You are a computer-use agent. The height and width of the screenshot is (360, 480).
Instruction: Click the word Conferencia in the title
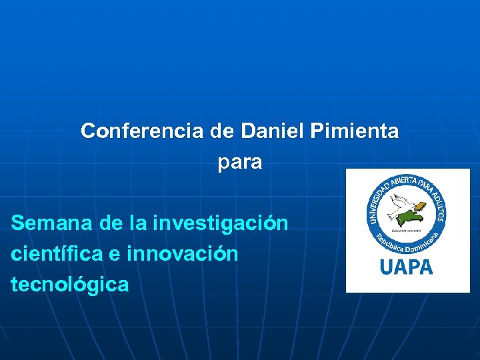(x=141, y=131)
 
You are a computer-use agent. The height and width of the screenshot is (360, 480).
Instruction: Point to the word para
(x=240, y=163)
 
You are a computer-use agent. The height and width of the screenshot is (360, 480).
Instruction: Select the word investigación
(x=220, y=223)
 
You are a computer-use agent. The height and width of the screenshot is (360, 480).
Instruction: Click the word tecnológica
(x=69, y=285)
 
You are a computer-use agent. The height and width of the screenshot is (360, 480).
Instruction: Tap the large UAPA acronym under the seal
(x=406, y=267)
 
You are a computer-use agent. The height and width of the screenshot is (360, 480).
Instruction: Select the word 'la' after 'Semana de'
(x=140, y=223)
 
